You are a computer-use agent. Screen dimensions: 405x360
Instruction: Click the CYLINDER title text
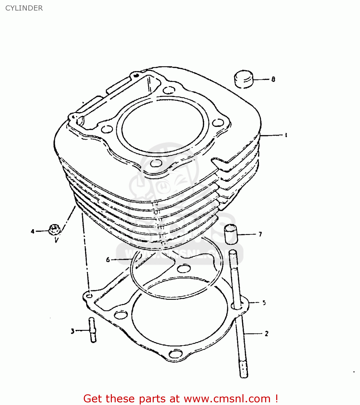(24, 8)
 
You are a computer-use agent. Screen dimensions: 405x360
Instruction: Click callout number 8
(273, 79)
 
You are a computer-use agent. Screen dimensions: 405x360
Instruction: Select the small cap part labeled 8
(244, 79)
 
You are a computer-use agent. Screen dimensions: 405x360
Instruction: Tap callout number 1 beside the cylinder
(286, 135)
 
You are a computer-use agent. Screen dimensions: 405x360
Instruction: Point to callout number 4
(33, 231)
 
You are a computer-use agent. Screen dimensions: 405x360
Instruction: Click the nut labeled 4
(54, 230)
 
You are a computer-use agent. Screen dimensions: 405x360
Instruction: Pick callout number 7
(260, 234)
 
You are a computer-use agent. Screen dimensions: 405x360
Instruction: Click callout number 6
(108, 260)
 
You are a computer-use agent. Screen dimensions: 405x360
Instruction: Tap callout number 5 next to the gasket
(264, 303)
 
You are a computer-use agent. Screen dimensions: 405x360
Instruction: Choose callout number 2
(266, 333)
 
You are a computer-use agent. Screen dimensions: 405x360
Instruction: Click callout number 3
(72, 331)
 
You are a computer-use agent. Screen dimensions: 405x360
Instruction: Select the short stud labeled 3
(92, 330)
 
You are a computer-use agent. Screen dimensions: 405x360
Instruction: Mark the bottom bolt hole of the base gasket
(176, 354)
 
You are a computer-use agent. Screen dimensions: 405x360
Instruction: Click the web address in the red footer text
(227, 399)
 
